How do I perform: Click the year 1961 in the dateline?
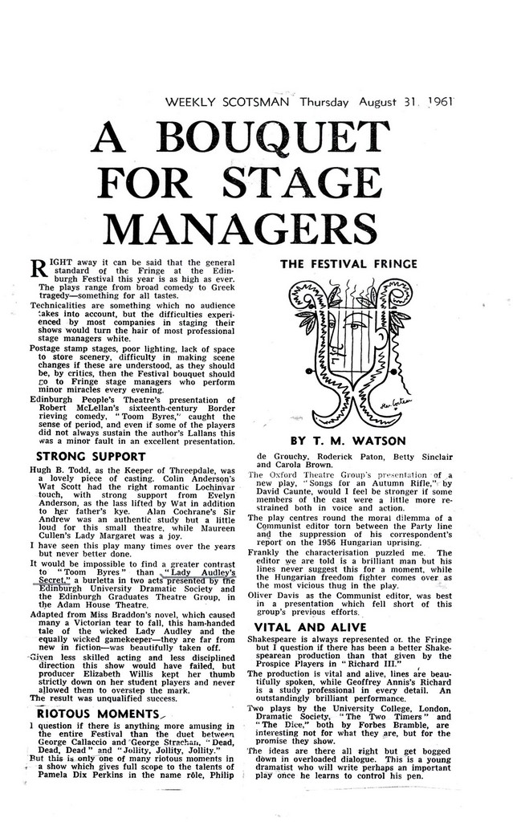pos(438,103)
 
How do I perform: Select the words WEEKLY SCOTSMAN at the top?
pos(227,103)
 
